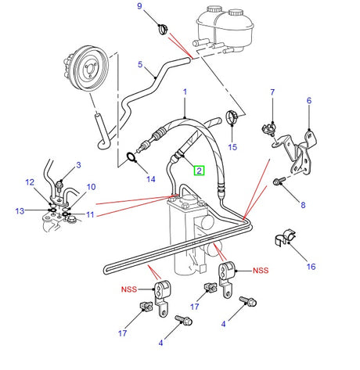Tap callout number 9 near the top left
pos(140,7)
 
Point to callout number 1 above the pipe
pos(185,92)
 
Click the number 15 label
pos(232,145)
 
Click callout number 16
pos(311,267)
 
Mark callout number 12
pos(30,183)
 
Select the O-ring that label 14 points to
pos(133,160)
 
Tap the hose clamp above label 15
pos(232,118)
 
